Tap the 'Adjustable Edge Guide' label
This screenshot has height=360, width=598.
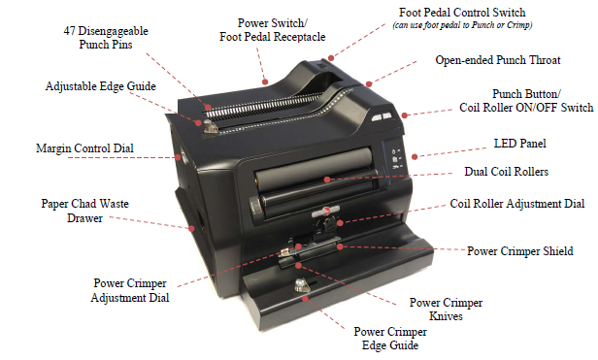[x=101, y=86]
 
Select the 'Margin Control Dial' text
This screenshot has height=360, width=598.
[x=84, y=148]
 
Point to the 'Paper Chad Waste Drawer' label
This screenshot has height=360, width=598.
[x=85, y=213]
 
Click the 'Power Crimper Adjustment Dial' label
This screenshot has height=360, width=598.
[x=130, y=291]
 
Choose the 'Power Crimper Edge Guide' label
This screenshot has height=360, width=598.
[x=389, y=338]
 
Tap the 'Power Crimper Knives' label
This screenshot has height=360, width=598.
[x=448, y=308]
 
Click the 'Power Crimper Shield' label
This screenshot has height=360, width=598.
[x=520, y=250]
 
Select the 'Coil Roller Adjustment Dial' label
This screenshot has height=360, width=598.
[x=517, y=205]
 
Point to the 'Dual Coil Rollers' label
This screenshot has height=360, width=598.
[x=507, y=173]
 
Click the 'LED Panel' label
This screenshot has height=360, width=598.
[x=519, y=144]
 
